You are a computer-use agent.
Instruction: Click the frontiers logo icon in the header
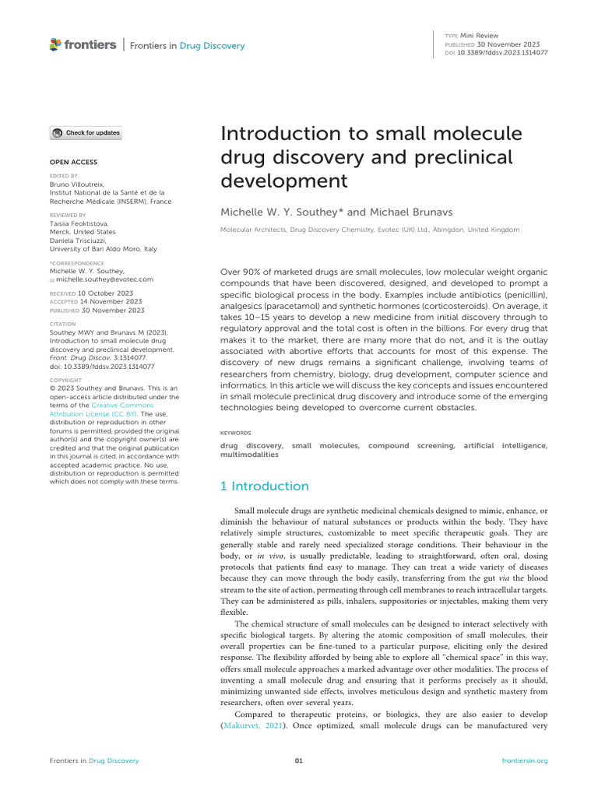point(55,45)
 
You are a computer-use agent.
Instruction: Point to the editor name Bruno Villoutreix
point(79,184)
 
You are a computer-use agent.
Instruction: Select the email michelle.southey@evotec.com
point(105,279)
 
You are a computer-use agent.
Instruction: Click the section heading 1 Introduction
point(266,486)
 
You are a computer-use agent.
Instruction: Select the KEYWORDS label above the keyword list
point(236,433)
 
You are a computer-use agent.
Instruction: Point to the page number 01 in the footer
point(298,760)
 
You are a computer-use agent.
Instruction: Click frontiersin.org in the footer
point(526,760)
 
